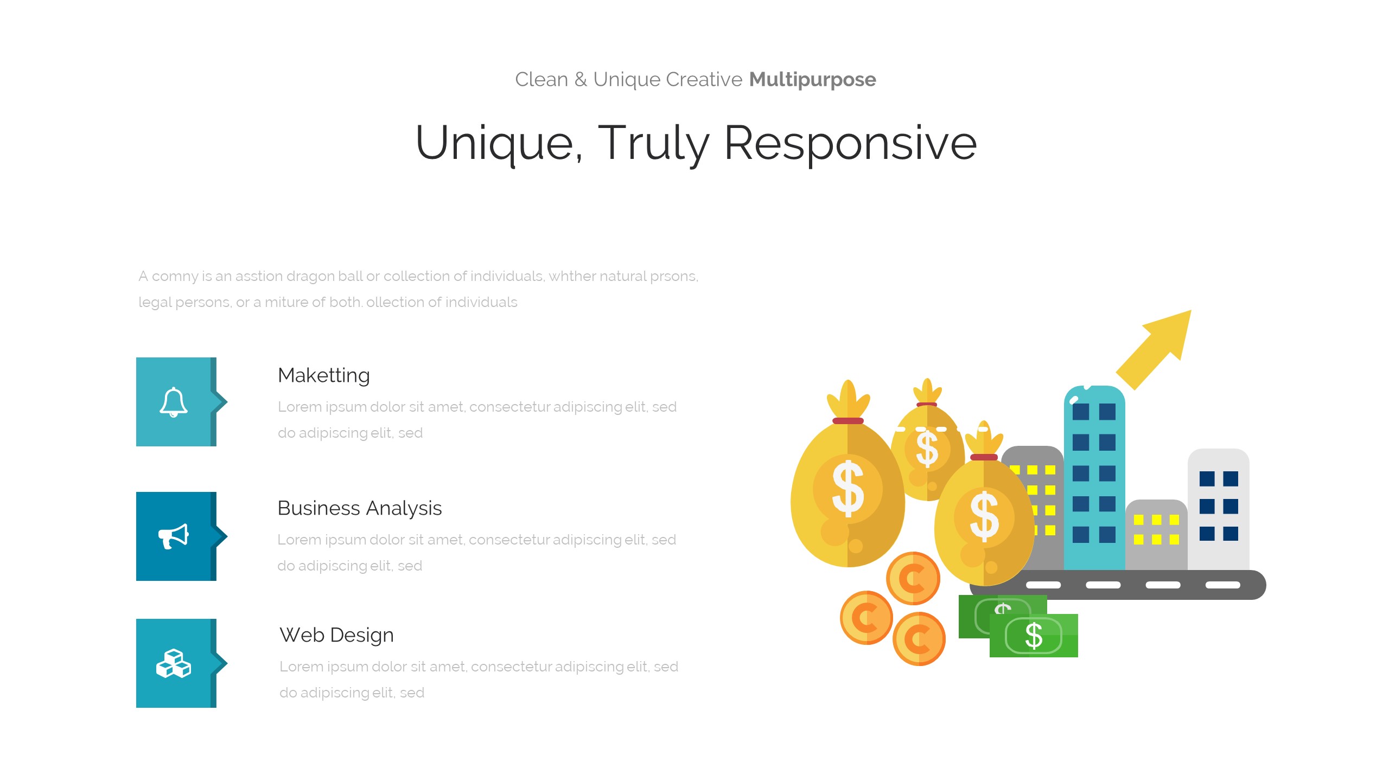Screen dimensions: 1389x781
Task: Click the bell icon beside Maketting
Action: click(x=174, y=402)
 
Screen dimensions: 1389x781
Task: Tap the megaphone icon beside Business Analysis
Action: click(x=174, y=536)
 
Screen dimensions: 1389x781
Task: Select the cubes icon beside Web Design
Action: click(x=174, y=663)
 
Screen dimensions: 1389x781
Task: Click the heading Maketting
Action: click(x=324, y=375)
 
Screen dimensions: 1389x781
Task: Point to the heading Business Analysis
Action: click(x=360, y=508)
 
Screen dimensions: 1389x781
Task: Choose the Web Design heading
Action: click(x=336, y=635)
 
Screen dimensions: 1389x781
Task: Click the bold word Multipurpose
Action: click(x=812, y=80)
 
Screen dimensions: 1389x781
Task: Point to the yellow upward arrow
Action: click(x=1154, y=350)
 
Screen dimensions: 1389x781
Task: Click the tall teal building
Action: click(x=1094, y=477)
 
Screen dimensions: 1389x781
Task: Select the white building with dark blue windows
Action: click(x=1219, y=509)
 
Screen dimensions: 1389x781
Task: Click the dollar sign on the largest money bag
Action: click(x=848, y=489)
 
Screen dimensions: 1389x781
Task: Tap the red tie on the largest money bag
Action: click(x=848, y=421)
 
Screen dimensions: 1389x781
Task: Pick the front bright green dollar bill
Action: click(x=1034, y=636)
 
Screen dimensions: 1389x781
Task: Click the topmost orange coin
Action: click(x=913, y=578)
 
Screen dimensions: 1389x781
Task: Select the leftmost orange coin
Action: click(x=866, y=617)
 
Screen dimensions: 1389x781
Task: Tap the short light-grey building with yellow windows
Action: click(x=1156, y=535)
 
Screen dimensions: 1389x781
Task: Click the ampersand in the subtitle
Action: click(x=581, y=80)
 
